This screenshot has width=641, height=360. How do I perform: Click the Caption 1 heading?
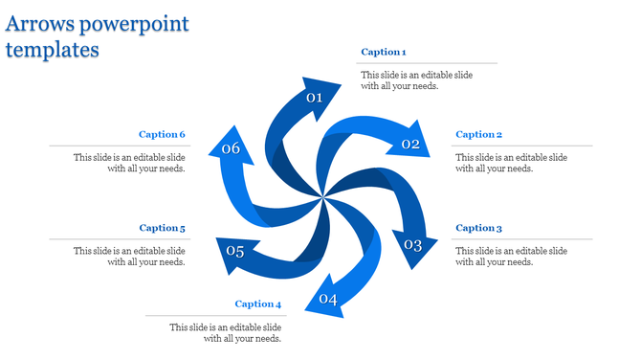coord(384,52)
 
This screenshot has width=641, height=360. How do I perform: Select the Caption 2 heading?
coord(478,135)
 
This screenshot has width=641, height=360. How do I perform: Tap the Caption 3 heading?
coord(478,228)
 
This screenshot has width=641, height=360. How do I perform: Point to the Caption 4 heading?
coord(258,304)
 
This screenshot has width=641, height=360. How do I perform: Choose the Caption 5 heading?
coord(162,228)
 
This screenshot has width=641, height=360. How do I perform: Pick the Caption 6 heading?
coord(162,135)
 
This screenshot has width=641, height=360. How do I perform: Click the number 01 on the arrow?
coord(314,98)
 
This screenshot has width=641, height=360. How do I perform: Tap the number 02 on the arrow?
coord(410,145)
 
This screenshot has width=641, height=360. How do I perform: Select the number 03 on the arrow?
coord(412,245)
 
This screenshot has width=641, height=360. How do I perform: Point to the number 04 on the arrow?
coord(328,300)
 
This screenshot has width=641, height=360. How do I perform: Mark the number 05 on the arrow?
coord(235,252)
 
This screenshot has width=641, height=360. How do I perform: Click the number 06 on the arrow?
coord(231,148)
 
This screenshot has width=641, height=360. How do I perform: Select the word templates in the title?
coord(52,49)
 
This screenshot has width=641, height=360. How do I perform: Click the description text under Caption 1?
coord(415,80)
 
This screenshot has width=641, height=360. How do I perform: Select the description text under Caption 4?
coord(225,333)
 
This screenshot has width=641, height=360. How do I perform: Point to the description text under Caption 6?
coord(129,163)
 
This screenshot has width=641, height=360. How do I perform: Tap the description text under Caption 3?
coord(511,257)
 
